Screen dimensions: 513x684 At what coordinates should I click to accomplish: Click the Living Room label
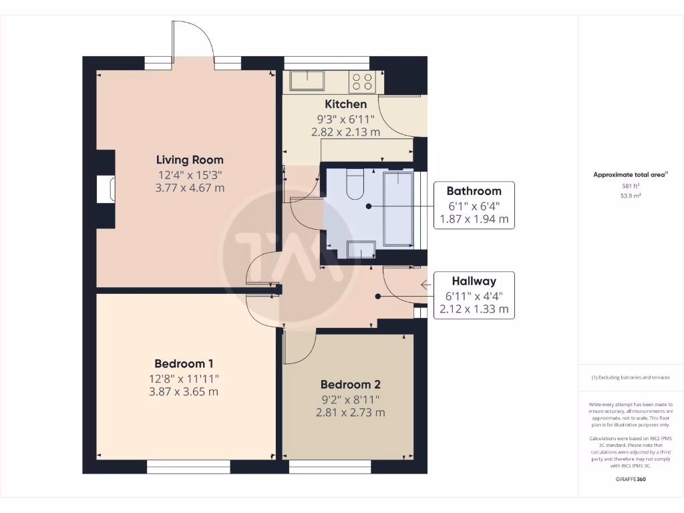click(190, 160)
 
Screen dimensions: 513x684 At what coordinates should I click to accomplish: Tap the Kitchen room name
click(345, 104)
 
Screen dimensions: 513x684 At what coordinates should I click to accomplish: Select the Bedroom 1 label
click(184, 364)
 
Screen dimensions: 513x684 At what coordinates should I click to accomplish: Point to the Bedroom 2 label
click(350, 385)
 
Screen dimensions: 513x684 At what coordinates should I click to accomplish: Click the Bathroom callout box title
click(474, 191)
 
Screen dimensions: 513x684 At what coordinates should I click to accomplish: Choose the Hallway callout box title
click(474, 281)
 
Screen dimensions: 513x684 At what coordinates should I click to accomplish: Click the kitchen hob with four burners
click(363, 81)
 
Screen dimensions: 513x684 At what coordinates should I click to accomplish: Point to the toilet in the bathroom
click(355, 184)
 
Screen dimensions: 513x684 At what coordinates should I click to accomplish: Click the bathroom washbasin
click(363, 250)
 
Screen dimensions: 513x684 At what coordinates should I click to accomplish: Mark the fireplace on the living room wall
click(106, 189)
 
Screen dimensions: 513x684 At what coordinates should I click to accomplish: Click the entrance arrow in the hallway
click(426, 285)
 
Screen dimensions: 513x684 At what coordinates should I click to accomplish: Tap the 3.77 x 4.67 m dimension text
click(190, 188)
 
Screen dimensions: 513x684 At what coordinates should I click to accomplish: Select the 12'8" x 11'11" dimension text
click(184, 378)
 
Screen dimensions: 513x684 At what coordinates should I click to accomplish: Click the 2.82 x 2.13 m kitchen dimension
click(345, 132)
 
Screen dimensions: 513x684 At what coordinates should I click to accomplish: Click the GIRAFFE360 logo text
click(631, 479)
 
